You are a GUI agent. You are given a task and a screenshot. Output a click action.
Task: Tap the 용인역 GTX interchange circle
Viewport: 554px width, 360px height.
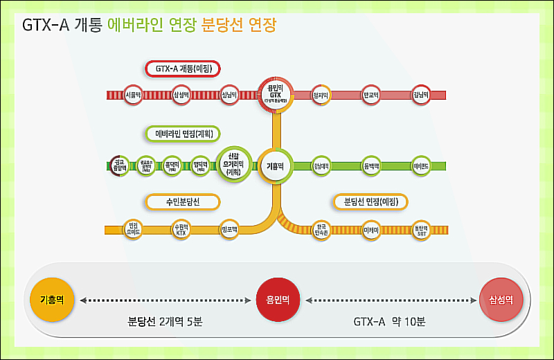point(276,94)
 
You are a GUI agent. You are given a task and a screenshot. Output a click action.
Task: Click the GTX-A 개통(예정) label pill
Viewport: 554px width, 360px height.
point(183,69)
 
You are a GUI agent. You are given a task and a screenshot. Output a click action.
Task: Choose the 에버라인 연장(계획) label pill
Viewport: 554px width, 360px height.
point(183,133)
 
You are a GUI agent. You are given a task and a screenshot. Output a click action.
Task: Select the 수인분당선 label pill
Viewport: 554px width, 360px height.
point(183,201)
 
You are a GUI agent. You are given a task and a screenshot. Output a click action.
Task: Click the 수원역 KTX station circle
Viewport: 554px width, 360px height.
point(181,229)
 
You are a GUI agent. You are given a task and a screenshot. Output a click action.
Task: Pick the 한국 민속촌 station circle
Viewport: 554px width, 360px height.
point(321,229)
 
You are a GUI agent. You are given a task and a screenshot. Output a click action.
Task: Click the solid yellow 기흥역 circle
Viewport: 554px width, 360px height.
point(52,300)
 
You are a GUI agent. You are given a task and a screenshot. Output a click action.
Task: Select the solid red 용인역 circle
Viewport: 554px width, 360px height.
point(277,300)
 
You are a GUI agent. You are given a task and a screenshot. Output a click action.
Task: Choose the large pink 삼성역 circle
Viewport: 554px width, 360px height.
point(501,300)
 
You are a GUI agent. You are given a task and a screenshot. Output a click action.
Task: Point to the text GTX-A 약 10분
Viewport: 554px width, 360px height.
point(389,321)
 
